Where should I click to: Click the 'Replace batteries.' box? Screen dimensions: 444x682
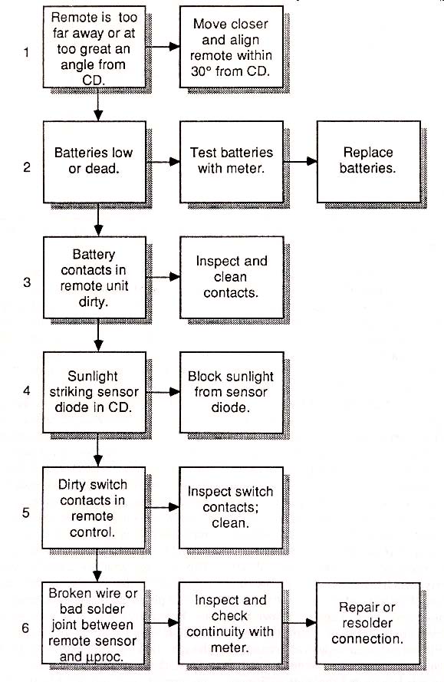[368, 161]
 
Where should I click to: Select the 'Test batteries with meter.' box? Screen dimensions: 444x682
[232, 161]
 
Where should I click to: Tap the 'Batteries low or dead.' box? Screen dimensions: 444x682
[94, 161]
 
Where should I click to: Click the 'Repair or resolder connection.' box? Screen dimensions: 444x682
[368, 623]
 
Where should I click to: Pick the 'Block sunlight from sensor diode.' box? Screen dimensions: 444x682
[232, 392]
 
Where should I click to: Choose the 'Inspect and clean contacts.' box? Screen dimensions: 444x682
[232, 277]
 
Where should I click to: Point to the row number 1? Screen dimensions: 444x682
[27, 52]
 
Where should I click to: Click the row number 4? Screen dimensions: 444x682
[27, 390]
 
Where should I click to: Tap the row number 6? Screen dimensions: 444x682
[25, 628]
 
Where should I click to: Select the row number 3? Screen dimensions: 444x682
[27, 282]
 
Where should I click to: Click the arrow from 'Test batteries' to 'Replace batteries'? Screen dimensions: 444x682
[300, 161]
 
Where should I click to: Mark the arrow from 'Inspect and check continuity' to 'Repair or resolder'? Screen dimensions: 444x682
[299, 623]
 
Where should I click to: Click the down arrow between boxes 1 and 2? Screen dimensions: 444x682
[98, 104]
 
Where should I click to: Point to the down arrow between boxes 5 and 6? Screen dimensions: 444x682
[97, 565]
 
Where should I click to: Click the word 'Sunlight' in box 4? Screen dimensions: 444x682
[93, 376]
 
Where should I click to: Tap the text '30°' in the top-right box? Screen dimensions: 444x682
[201, 71]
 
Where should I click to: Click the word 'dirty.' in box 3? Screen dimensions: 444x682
[93, 301]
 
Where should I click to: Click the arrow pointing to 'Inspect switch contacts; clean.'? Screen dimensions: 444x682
[163, 507]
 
